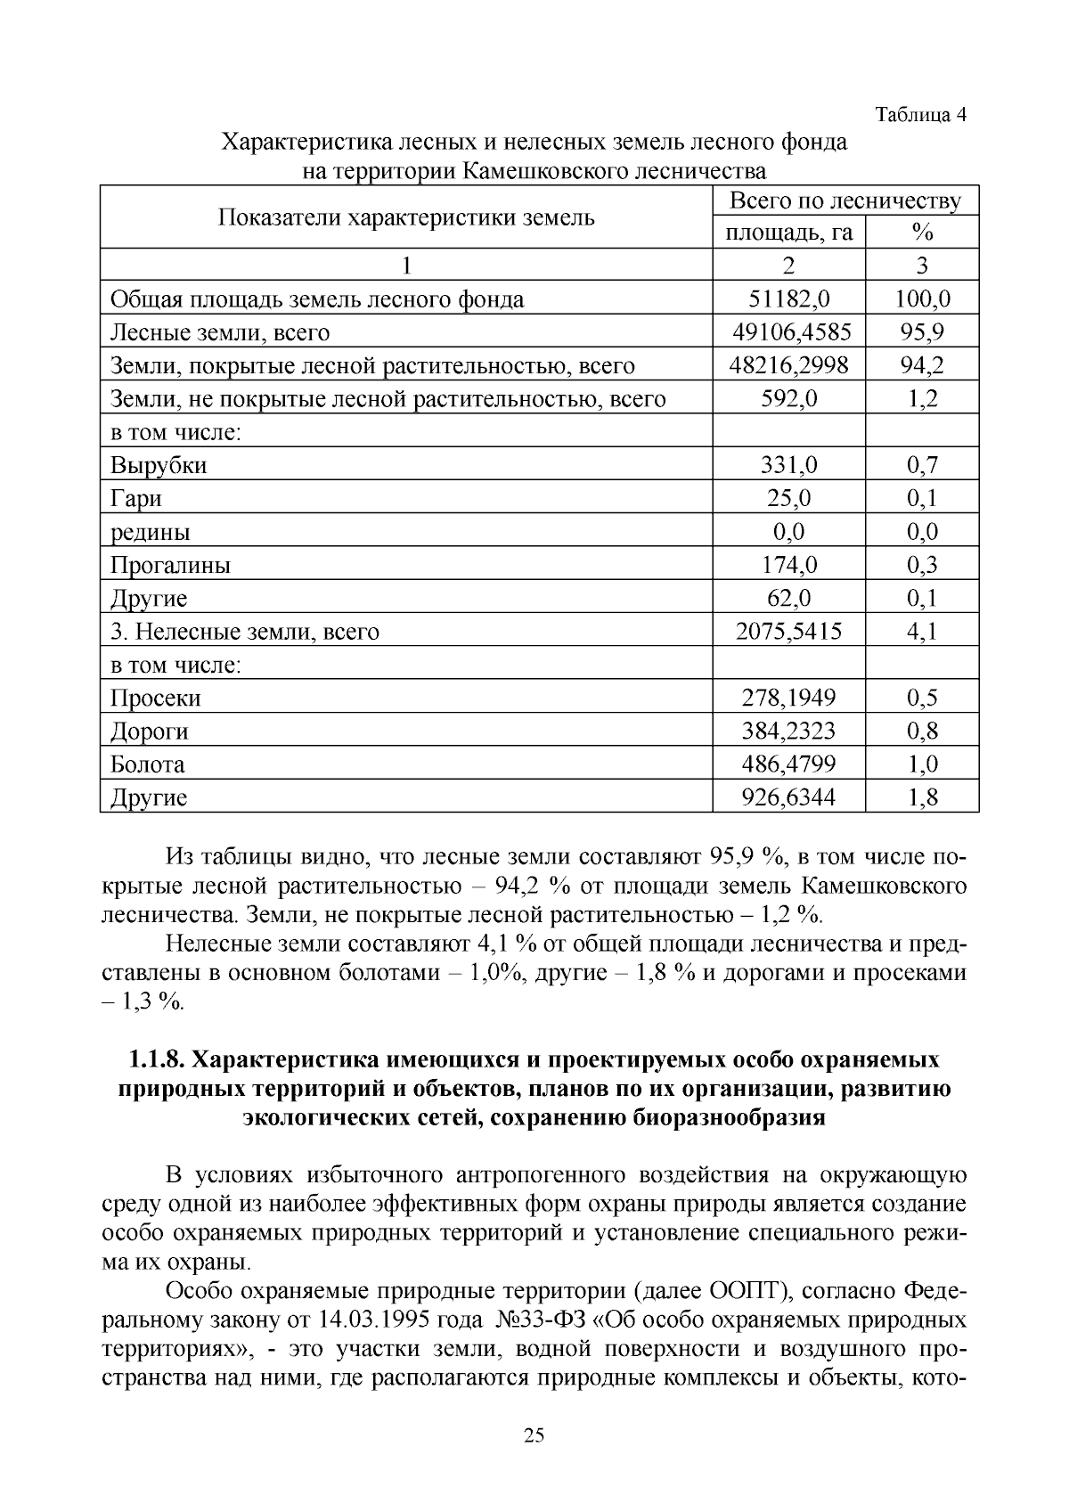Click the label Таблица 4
tap(920, 115)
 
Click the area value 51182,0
tap(788, 299)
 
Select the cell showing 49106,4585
tap(788, 332)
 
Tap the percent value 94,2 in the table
tap(922, 365)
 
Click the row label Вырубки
tap(159, 465)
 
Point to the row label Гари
tap(135, 498)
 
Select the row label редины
tap(150, 532)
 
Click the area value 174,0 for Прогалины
tap(788, 565)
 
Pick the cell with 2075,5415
tap(788, 632)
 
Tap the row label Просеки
tap(155, 698)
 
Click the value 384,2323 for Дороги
tap(788, 731)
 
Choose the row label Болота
tap(147, 764)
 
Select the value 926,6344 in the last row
tap(788, 797)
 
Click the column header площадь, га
tap(788, 233)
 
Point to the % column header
tap(922, 233)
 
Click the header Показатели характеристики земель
tap(406, 217)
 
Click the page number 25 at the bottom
tap(534, 1434)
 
